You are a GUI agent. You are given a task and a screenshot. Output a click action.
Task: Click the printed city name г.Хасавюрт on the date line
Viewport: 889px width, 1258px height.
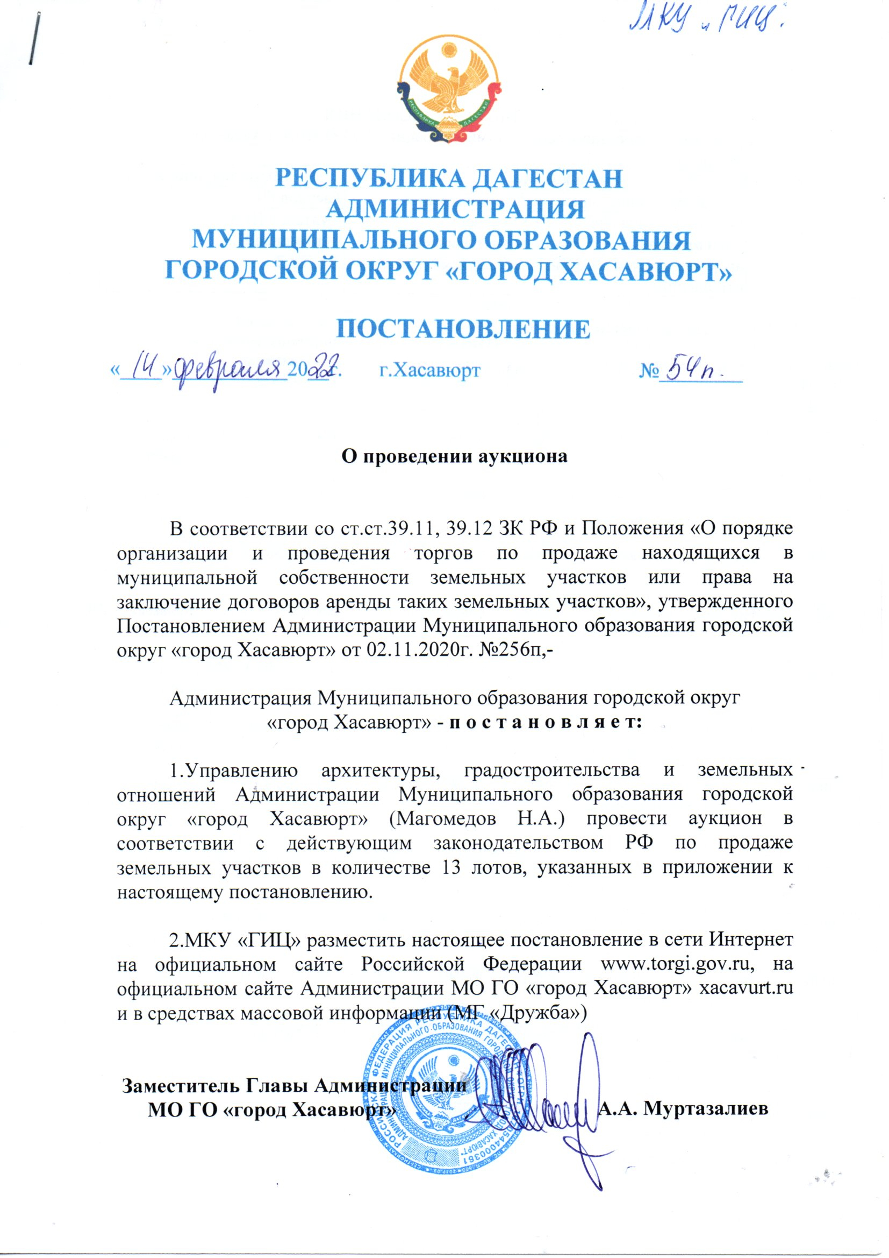click(x=430, y=371)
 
